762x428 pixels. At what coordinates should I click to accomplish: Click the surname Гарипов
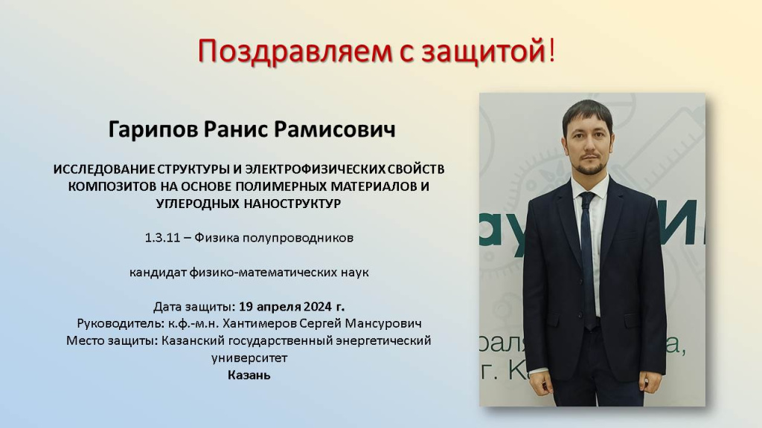(152, 129)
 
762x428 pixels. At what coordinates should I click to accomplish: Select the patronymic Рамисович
(334, 129)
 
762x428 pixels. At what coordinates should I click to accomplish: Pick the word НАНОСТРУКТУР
(292, 204)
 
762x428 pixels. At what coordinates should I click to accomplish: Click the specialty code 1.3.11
(162, 238)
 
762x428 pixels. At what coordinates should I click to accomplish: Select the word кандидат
(158, 273)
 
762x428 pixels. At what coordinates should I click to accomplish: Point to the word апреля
(278, 308)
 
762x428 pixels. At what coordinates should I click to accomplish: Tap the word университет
(249, 358)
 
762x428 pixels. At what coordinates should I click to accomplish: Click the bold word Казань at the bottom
(249, 375)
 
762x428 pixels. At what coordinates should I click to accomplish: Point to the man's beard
(591, 166)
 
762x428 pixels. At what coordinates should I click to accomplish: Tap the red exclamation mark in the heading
(551, 51)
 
